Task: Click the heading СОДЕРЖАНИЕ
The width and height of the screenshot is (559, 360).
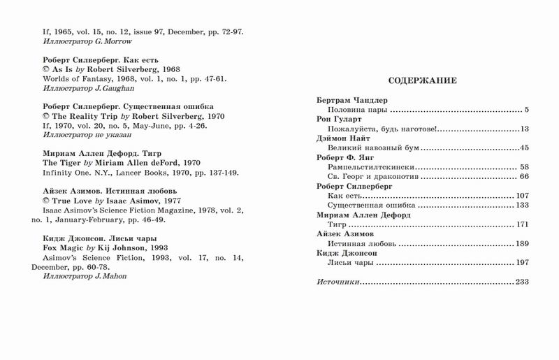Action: pyautogui.click(x=423, y=81)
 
